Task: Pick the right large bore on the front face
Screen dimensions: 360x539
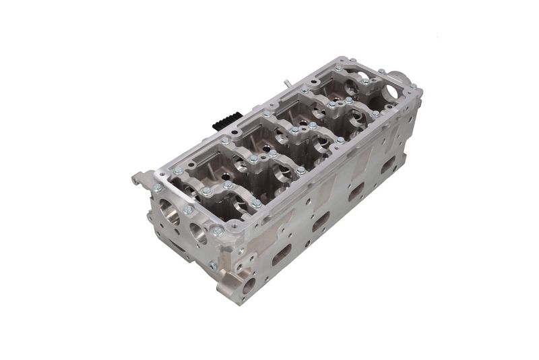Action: click(199, 235)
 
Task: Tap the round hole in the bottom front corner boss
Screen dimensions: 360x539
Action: click(248, 284)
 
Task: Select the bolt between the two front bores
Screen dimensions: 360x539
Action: click(188, 210)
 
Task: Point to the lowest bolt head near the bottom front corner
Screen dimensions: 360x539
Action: click(214, 266)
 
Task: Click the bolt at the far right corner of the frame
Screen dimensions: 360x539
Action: click(413, 88)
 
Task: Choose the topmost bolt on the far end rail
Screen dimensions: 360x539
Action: click(381, 71)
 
